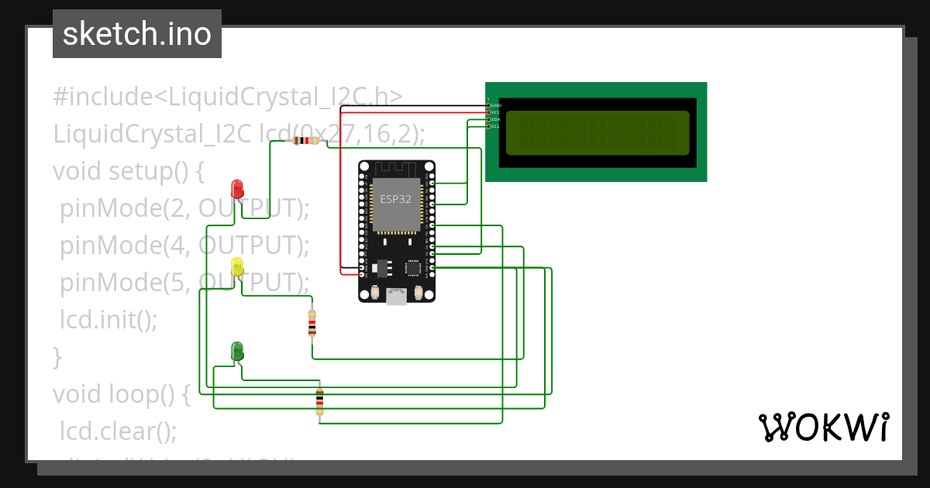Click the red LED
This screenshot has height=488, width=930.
[x=237, y=188]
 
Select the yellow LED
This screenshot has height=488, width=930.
[x=237, y=267]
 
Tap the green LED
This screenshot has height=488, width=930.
[x=237, y=351]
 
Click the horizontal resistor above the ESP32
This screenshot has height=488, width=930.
[x=306, y=141]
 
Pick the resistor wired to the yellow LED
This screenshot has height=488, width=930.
[x=312, y=324]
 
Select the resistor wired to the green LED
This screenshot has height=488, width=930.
[x=319, y=401]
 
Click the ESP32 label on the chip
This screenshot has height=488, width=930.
[x=396, y=198]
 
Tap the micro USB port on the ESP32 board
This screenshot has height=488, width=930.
[x=397, y=297]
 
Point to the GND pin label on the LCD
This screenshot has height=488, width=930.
[x=496, y=105]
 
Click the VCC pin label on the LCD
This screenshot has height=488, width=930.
[x=496, y=112]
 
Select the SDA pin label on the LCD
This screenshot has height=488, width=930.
[x=496, y=119]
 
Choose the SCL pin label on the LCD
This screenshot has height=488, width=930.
[x=496, y=126]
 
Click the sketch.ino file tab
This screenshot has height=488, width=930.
[x=137, y=34]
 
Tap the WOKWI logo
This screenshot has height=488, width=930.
[x=823, y=427]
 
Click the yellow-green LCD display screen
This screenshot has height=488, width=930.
[x=597, y=132]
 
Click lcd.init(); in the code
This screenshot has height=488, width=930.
[x=108, y=319]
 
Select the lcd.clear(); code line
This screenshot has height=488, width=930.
[x=119, y=430]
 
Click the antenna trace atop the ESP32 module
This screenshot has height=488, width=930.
[x=396, y=169]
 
